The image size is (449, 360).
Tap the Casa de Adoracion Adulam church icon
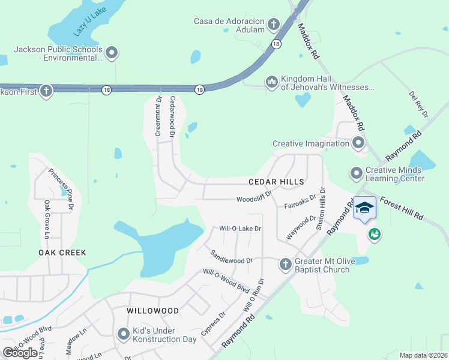274,25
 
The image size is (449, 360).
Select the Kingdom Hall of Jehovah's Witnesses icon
271,81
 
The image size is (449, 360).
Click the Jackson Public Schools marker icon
112,53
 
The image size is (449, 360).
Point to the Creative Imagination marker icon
358,143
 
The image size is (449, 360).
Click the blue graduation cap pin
364,208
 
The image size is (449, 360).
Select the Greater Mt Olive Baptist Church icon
285,263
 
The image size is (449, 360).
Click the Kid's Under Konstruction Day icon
124,334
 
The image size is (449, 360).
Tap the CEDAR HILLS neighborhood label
277,181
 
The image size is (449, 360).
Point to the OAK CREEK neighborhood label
62,253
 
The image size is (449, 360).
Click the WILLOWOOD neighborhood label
152,311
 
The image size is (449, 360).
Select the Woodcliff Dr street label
254,197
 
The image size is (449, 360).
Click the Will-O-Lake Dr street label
240,229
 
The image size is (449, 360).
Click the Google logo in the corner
20,352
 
